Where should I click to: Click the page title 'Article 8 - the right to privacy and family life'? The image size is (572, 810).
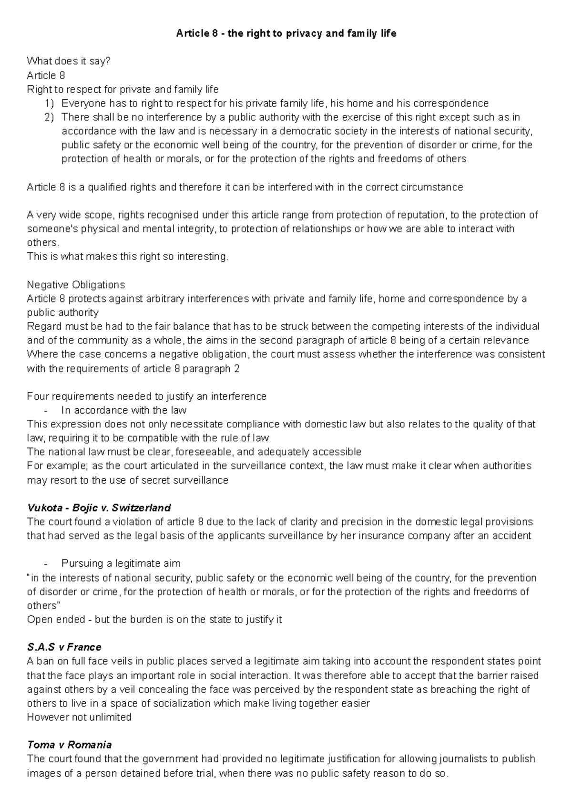coord(286,33)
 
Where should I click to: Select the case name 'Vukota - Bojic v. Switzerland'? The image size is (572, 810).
coord(99,508)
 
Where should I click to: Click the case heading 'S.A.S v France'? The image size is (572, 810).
coord(64,647)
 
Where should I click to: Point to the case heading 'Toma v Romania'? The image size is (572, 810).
coord(70,745)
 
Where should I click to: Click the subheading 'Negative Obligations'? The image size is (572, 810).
coord(76,285)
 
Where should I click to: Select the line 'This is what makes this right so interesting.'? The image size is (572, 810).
coord(128,257)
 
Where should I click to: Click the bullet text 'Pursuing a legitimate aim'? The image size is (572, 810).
coord(121,563)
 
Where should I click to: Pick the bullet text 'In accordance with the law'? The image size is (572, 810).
coord(124,410)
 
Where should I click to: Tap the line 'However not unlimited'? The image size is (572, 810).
coord(79,717)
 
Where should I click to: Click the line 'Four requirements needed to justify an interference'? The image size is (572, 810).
coord(147,396)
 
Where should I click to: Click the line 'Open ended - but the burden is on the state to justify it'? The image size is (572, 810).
coord(154,620)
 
